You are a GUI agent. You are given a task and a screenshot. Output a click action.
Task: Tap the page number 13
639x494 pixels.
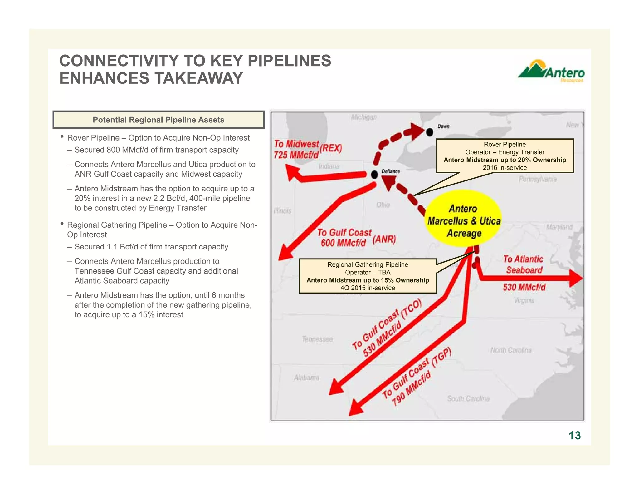click(x=574, y=435)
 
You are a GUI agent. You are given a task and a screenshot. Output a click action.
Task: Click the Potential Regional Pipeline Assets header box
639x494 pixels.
click(x=159, y=120)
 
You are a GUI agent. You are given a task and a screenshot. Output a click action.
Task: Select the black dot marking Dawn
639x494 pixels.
click(x=430, y=132)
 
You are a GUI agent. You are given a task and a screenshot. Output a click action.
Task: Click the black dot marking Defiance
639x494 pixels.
click(x=374, y=175)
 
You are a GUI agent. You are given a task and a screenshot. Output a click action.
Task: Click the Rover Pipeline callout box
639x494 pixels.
click(x=505, y=156)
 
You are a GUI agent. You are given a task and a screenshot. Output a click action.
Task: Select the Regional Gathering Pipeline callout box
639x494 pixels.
click(x=368, y=276)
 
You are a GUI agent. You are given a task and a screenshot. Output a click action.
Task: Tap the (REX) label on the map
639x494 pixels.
click(x=331, y=148)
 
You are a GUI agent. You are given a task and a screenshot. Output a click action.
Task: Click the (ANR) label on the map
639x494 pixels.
click(x=384, y=240)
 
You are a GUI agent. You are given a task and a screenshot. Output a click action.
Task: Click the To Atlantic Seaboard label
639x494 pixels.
click(x=524, y=264)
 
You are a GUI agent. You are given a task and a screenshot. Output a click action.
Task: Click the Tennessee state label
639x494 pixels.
click(x=317, y=339)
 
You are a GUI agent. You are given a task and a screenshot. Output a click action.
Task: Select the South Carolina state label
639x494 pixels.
click(x=468, y=398)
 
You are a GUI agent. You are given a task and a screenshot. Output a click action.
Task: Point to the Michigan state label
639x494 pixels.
click(x=364, y=117)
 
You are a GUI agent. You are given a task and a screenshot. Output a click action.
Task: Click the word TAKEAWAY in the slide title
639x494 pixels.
click(x=198, y=78)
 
